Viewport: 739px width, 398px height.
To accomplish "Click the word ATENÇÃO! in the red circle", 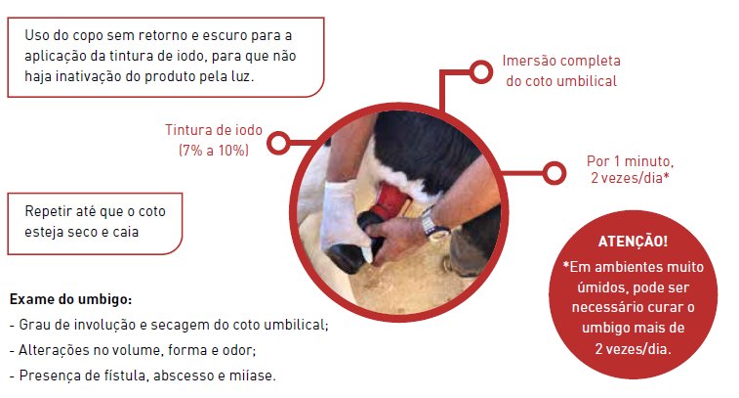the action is click(633, 242).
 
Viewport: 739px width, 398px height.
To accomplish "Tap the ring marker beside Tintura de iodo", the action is click(278, 143).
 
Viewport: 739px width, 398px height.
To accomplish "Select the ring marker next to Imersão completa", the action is click(480, 71).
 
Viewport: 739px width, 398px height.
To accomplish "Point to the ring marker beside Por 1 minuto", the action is click(554, 173).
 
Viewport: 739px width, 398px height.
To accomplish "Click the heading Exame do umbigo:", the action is click(70, 299).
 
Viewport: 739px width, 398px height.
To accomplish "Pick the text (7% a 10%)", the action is click(214, 151).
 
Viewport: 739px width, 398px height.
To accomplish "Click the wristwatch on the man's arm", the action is click(432, 224).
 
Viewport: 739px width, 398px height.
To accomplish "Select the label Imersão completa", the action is click(561, 61).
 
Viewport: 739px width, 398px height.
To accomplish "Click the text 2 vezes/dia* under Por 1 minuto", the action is click(630, 178).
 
